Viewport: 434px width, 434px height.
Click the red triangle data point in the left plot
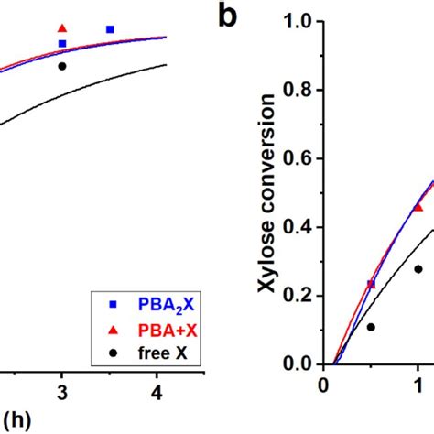62,28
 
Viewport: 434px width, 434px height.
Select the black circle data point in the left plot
62,66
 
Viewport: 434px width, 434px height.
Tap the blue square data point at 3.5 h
110,29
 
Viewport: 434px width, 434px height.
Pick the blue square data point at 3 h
62,43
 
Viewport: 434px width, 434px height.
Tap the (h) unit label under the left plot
12,420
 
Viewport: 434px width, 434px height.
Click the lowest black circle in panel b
371,327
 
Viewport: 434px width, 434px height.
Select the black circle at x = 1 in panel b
418,269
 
